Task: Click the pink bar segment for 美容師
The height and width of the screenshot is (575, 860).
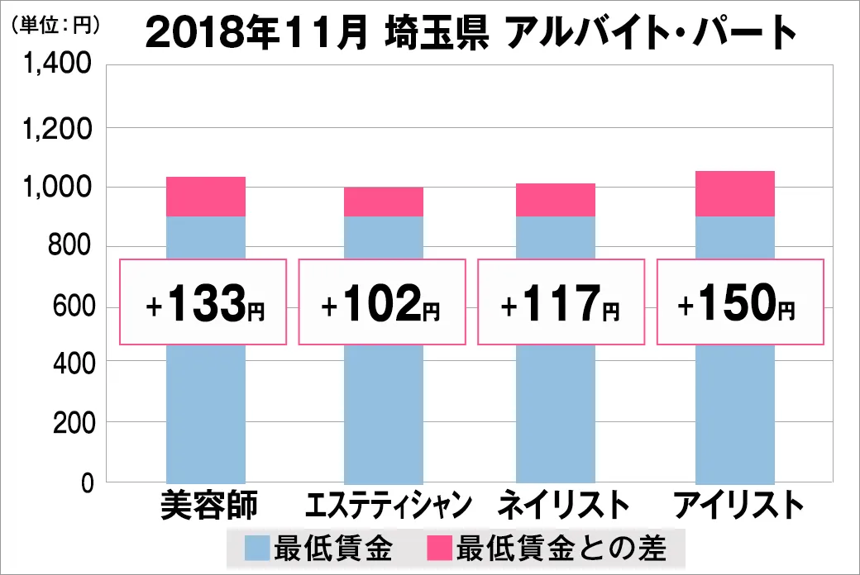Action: click(x=206, y=197)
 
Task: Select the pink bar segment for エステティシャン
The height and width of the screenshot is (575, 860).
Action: click(x=384, y=202)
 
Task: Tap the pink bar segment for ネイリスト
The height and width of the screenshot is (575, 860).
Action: click(x=556, y=200)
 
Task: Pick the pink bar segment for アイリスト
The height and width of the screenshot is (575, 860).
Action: click(x=735, y=193)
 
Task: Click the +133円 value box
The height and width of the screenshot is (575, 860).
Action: click(x=204, y=302)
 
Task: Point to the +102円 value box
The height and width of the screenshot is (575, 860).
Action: click(x=382, y=302)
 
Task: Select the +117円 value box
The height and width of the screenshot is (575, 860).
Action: click(x=561, y=302)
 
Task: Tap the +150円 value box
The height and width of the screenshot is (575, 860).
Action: click(x=739, y=302)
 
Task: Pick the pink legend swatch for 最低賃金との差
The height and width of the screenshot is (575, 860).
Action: click(x=440, y=548)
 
